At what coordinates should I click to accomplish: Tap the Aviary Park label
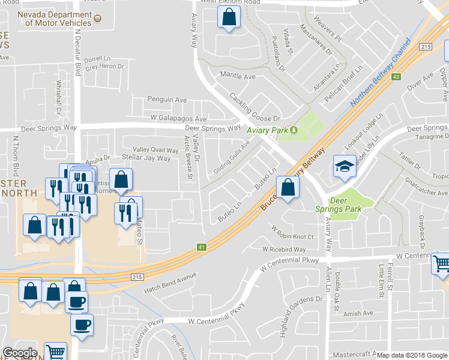[x=268, y=130]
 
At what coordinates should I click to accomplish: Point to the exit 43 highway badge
[x=396, y=77]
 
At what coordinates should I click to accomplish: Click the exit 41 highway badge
[x=202, y=247]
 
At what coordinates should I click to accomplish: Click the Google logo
[x=20, y=353]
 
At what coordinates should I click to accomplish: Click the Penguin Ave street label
[x=167, y=100]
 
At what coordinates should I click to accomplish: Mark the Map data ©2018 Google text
[x=412, y=355]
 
